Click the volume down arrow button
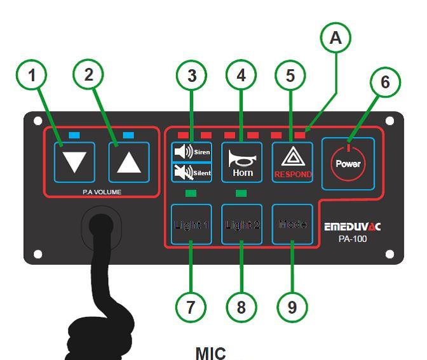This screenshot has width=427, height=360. tap(74, 163)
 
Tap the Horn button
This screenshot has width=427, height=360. tap(241, 163)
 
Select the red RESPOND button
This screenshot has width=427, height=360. tap(292, 163)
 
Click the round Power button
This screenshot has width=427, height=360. tap(348, 163)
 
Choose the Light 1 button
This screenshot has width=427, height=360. tap(191, 225)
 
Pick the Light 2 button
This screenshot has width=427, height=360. tap(241, 225)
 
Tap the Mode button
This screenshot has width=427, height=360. tap(292, 224)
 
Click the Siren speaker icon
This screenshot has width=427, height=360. tap(182, 152)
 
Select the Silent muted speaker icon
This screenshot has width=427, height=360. tap(182, 173)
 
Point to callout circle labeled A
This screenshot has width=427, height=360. tap(335, 38)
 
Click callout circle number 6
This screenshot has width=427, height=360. tap(386, 82)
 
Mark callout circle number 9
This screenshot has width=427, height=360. tap(292, 307)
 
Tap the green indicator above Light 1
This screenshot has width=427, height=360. tap(191, 193)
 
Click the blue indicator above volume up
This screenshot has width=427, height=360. tap(128, 135)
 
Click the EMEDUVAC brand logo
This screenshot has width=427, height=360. tap(353, 227)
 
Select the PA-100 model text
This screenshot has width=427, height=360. tap(353, 239)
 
